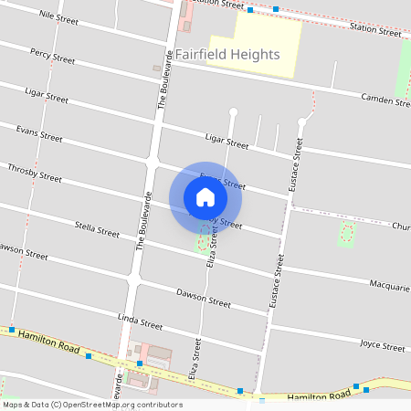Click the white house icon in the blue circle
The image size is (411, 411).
pyautogui.click(x=205, y=197)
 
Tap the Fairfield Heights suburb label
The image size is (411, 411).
pyautogui.click(x=227, y=55)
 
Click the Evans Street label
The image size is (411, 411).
pyautogui.click(x=39, y=134)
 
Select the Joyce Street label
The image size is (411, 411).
pyautogui.click(x=382, y=347)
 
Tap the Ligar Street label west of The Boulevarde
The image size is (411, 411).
pyautogui.click(x=46, y=96)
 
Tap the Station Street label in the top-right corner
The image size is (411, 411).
pyautogui.click(x=375, y=31)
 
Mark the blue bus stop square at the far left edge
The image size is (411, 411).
pyautogui.click(x=13, y=329)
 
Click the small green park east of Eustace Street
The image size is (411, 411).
pyautogui.click(x=346, y=233)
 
